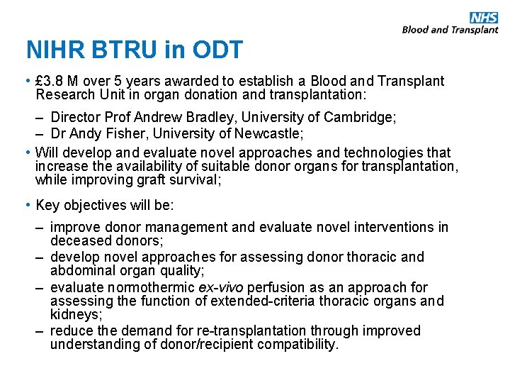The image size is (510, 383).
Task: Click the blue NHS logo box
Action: click(x=483, y=18)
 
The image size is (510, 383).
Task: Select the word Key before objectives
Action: click(x=47, y=206)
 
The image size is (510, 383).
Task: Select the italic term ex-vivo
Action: click(x=217, y=287)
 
